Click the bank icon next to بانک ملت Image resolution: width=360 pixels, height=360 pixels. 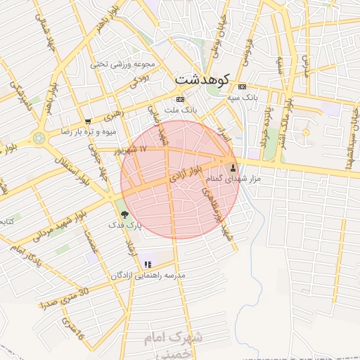[x=181, y=99]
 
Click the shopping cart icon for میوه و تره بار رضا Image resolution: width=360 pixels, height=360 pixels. [x=88, y=121]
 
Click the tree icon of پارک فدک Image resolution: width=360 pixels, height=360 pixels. [x=125, y=214]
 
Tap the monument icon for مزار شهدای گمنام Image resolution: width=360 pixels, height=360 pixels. [x=233, y=168]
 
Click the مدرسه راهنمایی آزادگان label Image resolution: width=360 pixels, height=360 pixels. [x=147, y=276]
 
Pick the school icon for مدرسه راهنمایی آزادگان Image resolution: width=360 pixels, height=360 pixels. [x=148, y=264]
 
